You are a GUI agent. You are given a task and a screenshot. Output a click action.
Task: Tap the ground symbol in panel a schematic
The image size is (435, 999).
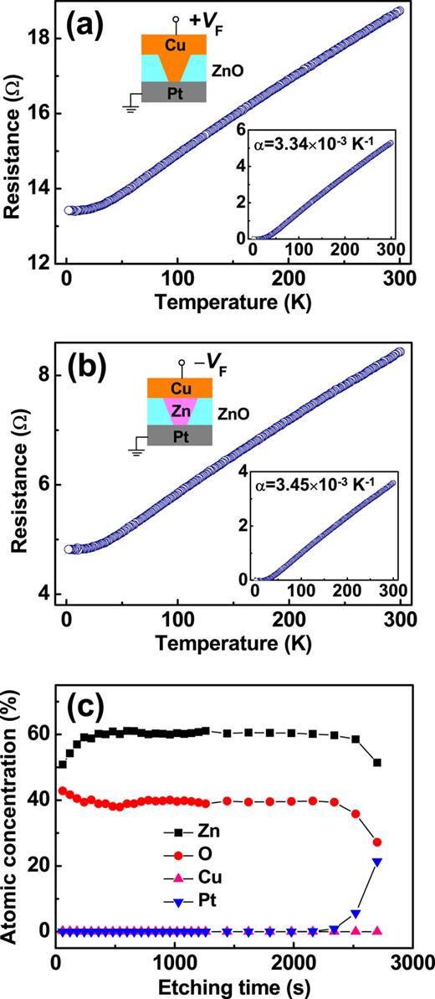[130, 108]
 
